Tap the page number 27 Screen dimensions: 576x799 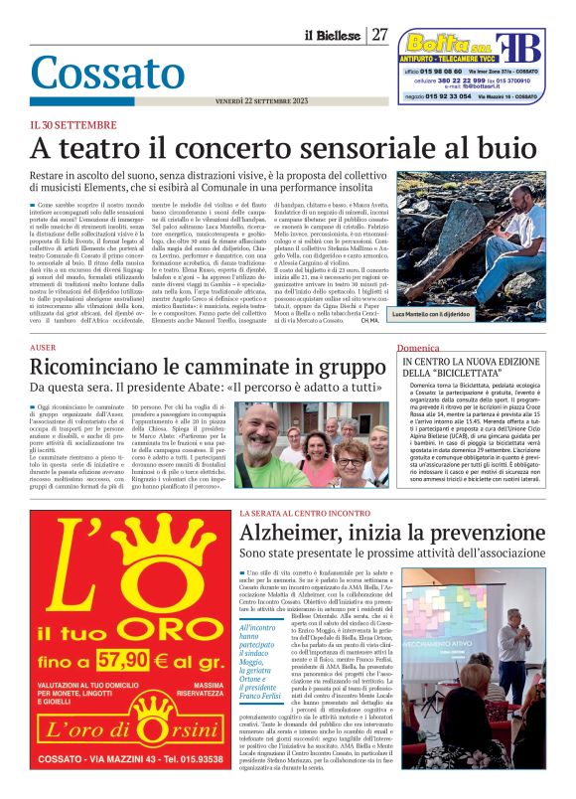[380, 35]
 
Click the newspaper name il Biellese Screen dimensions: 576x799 [333, 36]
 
